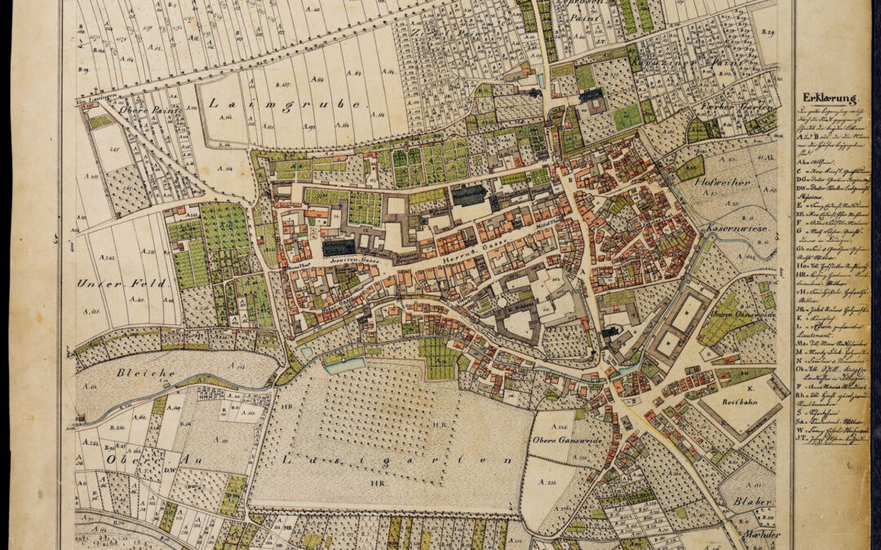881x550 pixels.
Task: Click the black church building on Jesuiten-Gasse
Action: pyautogui.click(x=339, y=247)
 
